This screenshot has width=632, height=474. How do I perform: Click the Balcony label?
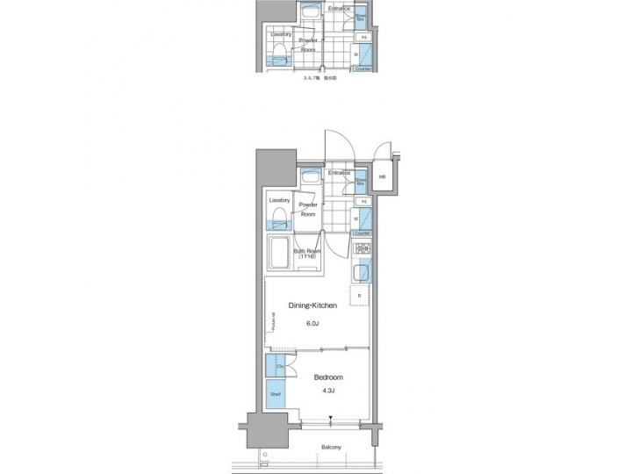point(331,448)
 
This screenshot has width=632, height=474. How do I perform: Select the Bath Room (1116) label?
point(307,253)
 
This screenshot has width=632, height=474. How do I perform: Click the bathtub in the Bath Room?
point(279,254)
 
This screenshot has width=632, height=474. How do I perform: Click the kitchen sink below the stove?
point(361,274)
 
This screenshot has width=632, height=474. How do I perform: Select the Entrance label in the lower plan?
point(340,173)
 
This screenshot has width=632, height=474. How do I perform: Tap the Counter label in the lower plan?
point(362,233)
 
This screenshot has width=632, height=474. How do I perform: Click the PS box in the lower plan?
point(362,202)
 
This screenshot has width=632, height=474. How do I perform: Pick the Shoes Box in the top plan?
point(362,16)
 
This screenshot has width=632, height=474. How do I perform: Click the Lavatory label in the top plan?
point(281,34)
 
